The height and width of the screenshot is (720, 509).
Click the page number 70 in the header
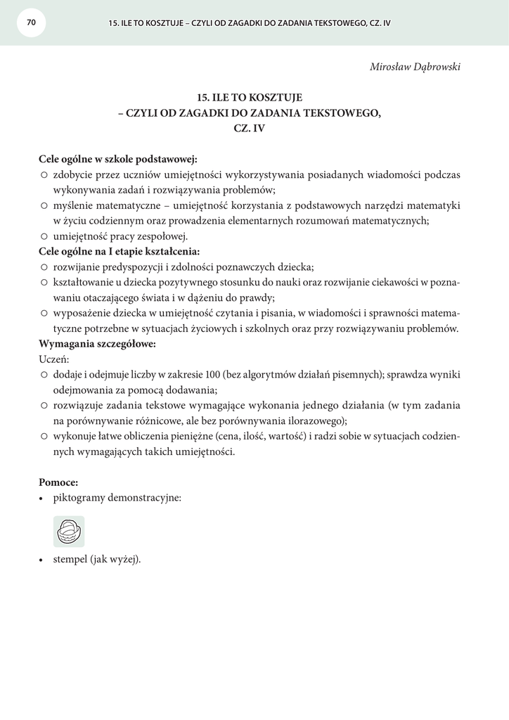31,22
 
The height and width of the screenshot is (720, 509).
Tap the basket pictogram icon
69,532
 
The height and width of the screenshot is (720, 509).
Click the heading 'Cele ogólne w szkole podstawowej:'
118,160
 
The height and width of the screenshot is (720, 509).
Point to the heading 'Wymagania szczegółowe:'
97,345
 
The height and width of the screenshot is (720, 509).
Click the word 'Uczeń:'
54,359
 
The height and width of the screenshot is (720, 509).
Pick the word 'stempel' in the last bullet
70,560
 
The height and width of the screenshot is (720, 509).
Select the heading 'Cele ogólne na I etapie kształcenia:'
119,252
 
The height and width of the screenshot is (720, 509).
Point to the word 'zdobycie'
74,174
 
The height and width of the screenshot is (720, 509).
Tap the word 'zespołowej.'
162,236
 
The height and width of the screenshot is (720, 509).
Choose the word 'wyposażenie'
84,313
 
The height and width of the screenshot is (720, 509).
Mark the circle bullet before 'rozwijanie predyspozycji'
44,267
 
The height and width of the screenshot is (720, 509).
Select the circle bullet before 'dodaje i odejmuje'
44,375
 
